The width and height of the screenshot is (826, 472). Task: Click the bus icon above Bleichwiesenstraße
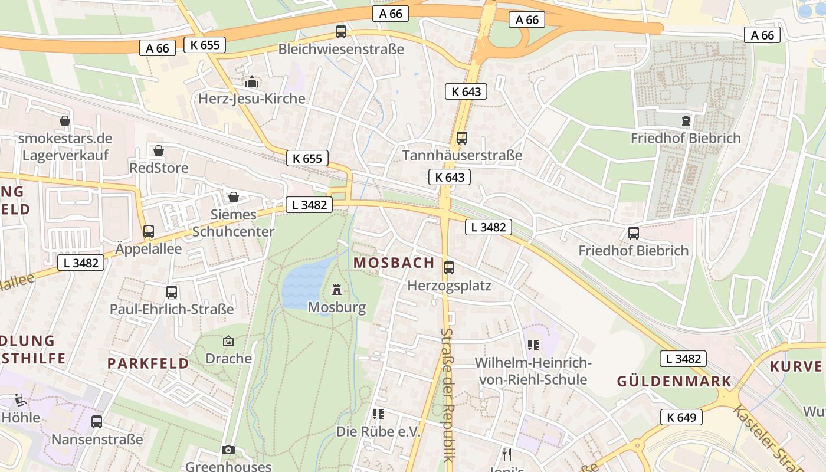tap(341, 32)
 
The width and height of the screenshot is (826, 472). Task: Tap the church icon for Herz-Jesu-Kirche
tap(253, 81)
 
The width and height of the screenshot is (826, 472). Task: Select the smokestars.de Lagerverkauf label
tap(65, 146)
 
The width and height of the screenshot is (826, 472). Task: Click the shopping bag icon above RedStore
tap(158, 151)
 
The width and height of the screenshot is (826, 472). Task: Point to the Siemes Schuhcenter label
tap(234, 223)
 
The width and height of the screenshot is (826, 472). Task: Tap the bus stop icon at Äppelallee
tap(148, 231)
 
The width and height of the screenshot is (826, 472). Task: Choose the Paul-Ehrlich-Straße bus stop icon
tap(172, 292)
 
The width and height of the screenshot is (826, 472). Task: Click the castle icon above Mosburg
tap(337, 290)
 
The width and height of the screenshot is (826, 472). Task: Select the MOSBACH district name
tap(394, 263)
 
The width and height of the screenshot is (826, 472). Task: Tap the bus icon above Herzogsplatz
tap(449, 268)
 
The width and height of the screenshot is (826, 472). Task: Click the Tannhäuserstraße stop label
tap(462, 155)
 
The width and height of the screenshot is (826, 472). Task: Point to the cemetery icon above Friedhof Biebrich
tap(686, 121)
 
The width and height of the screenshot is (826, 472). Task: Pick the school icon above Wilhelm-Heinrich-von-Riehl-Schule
tap(533, 345)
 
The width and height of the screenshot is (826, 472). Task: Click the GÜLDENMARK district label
tap(674, 381)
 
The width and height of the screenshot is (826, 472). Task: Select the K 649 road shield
tap(681, 417)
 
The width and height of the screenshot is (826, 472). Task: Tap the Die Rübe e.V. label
tap(378, 432)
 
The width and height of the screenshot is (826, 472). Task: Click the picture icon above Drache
tap(228, 341)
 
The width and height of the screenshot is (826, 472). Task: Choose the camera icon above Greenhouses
tap(228, 450)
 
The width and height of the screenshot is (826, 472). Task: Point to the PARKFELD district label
tap(148, 363)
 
